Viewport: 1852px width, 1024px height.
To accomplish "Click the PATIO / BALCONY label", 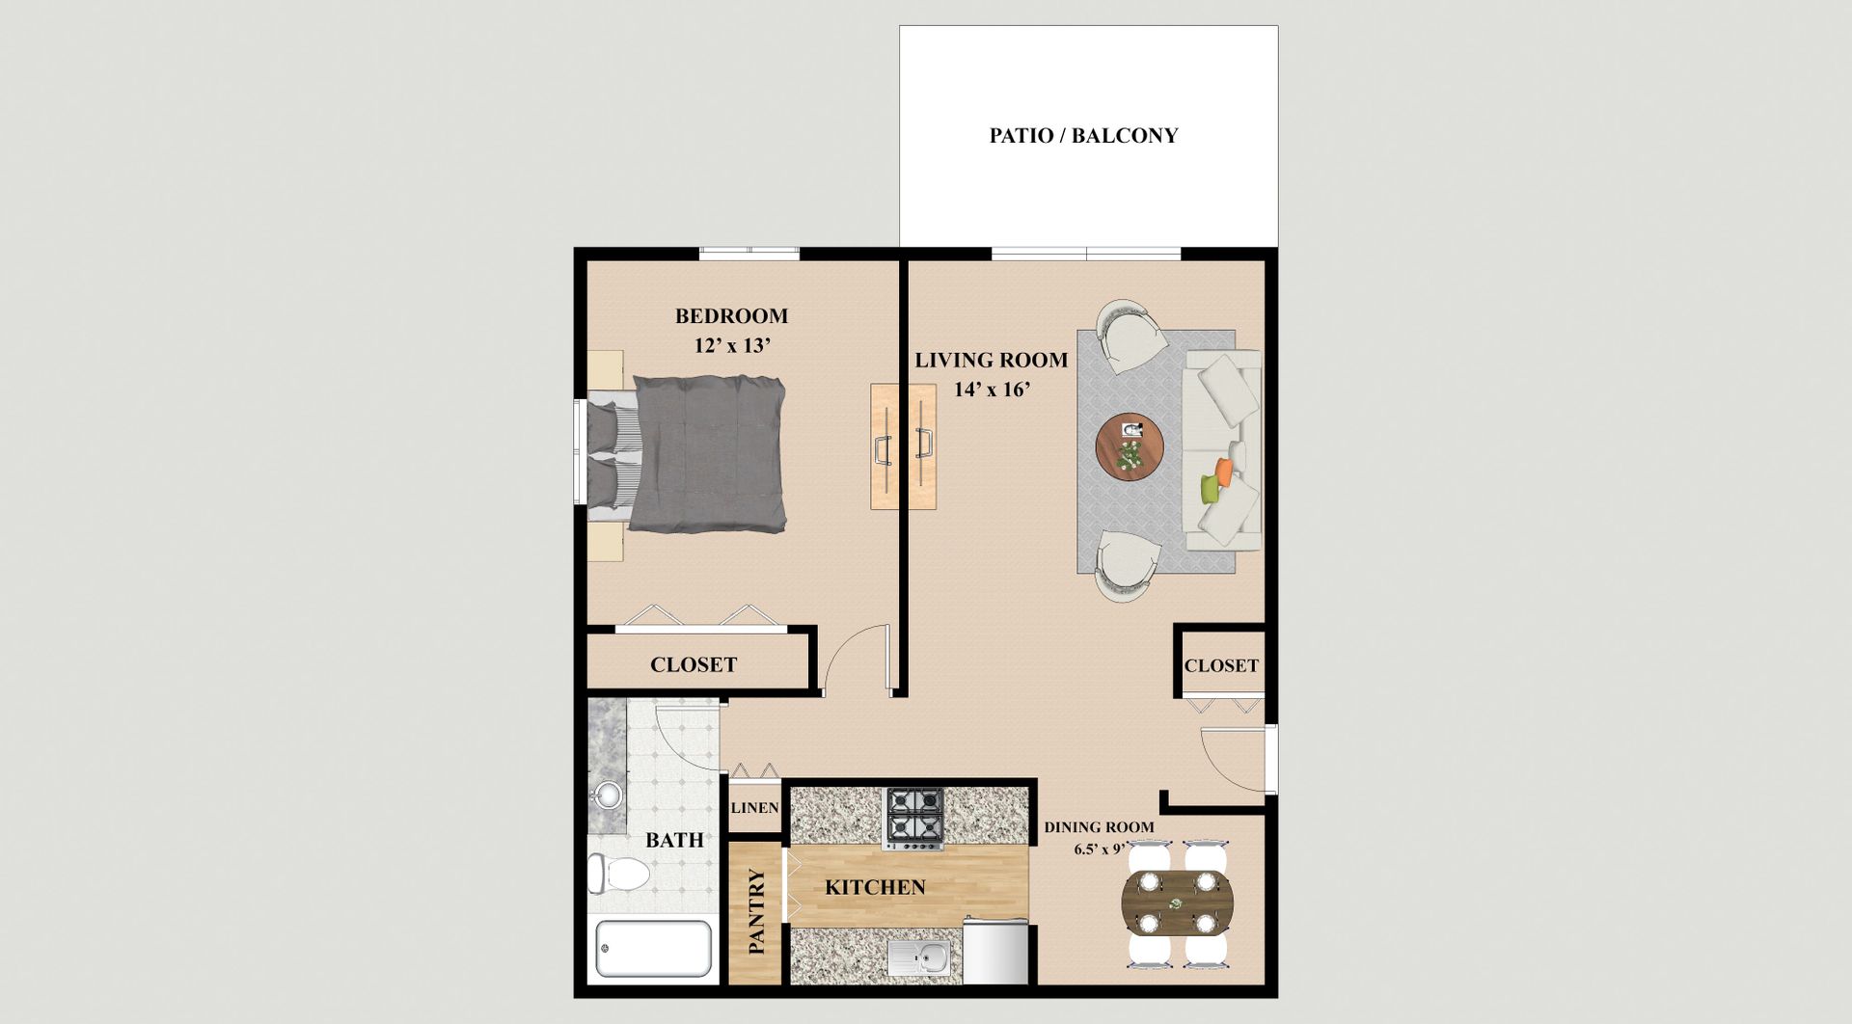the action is tap(1083, 136).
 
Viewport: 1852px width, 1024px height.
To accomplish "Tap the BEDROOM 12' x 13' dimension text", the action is tap(732, 345).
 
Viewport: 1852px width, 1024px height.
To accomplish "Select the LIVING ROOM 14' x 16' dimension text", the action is tap(993, 391).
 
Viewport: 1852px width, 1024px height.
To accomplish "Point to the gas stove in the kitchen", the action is tap(915, 820).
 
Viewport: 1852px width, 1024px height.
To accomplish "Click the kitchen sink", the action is tap(919, 958).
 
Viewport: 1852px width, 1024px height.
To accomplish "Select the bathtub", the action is tap(654, 950).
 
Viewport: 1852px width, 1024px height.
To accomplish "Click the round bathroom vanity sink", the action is tap(608, 795).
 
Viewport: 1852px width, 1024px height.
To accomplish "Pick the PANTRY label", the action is tap(756, 912).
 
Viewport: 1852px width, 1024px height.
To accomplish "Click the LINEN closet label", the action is tap(755, 808).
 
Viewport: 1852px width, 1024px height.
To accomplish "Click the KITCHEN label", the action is tap(875, 888).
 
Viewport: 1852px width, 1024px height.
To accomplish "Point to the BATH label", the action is tap(674, 841).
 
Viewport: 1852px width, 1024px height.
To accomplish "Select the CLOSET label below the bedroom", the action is tap(694, 665).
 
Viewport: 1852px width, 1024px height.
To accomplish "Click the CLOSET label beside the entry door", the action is tap(1221, 666).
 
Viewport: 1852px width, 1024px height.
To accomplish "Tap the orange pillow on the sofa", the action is tap(1224, 471).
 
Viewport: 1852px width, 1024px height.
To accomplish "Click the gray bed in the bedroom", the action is tap(687, 453).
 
